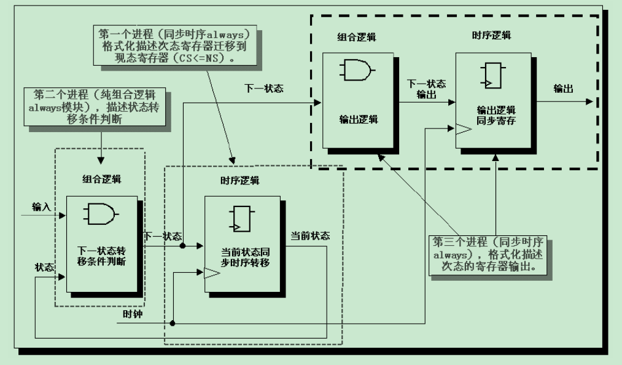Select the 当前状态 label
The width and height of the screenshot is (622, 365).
(310, 235)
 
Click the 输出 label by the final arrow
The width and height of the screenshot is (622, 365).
(563, 89)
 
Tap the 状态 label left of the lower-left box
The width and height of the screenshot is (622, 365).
(44, 268)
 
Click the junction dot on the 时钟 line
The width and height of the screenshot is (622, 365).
(173, 323)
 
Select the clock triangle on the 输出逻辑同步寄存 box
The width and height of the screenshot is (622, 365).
(461, 128)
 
